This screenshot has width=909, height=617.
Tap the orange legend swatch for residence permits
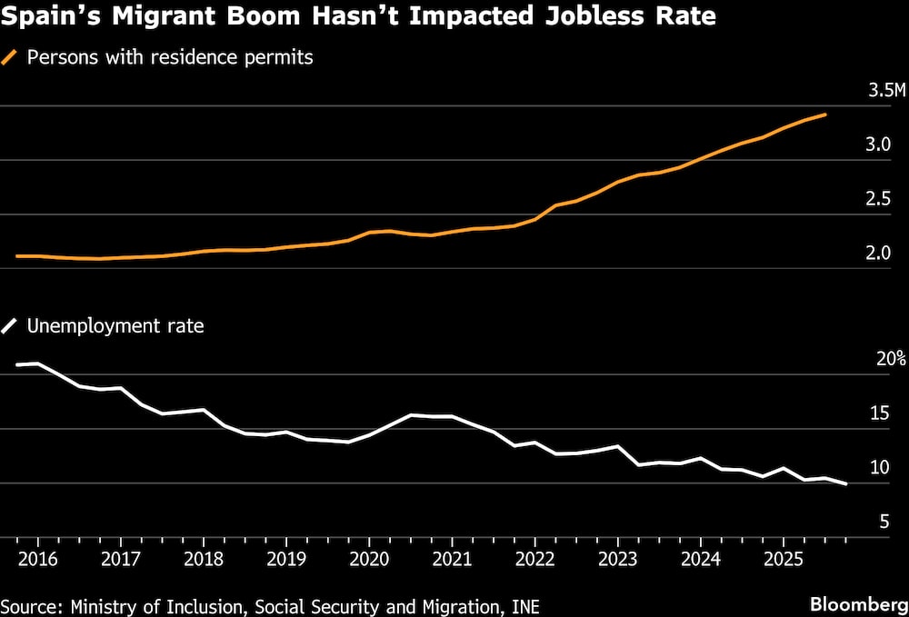click(11, 57)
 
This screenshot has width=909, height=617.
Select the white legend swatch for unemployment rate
click(11, 325)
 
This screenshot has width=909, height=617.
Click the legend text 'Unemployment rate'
click(115, 325)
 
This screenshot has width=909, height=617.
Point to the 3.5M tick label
click(887, 91)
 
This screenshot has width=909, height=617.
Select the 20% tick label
click(891, 359)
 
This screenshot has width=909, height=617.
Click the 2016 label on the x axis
click(39, 555)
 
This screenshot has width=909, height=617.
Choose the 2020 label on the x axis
click(370, 555)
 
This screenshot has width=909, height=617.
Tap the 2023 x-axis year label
click(618, 555)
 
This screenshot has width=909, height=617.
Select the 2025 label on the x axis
click(784, 555)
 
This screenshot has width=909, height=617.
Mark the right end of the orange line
click(824, 114)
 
